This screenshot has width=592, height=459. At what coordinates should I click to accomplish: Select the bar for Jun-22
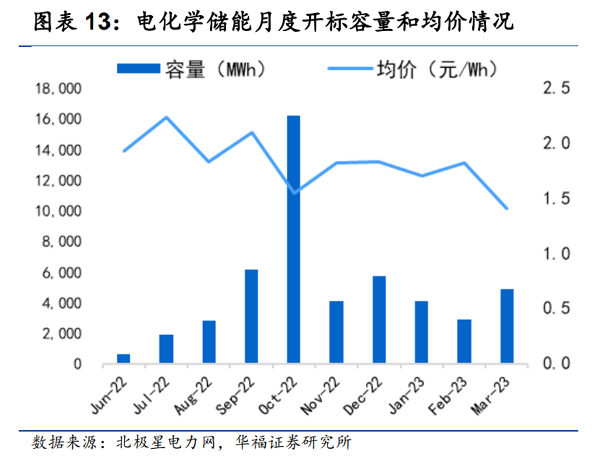point(124,358)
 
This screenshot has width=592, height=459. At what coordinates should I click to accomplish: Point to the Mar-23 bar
point(507,326)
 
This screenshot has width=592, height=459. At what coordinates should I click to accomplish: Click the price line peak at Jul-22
point(166,117)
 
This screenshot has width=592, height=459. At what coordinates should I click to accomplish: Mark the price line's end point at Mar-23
point(507,209)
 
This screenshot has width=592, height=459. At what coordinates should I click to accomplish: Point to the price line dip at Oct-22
point(294,193)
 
